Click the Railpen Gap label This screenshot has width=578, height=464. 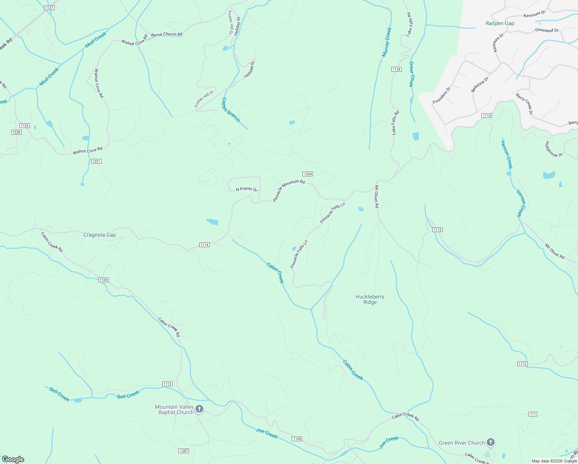500,24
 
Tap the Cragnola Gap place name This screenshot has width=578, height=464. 100,235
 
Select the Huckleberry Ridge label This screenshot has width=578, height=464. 370,300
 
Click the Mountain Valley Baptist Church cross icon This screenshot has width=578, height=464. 199,409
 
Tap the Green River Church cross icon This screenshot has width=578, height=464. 490,442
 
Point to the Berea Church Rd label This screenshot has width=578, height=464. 167,34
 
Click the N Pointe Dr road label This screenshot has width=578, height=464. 246,189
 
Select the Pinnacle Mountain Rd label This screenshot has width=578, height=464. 289,191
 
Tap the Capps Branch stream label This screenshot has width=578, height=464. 230,110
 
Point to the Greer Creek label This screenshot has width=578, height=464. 411,74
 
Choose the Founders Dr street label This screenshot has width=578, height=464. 442,96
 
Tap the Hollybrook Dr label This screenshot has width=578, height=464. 554,149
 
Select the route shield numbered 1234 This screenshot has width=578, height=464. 308,174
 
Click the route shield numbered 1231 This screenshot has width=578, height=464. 96,161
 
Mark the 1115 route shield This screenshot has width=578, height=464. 437,230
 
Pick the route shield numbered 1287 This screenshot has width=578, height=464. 184,451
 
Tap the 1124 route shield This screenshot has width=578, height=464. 396,69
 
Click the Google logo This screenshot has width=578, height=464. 13,459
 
